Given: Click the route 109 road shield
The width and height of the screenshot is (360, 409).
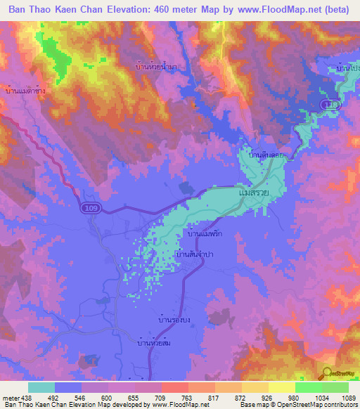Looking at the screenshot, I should [x=89, y=208].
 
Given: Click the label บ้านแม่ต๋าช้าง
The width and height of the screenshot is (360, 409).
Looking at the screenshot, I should [x=27, y=91].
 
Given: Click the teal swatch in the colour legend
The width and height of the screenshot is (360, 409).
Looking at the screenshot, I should [x=41, y=387].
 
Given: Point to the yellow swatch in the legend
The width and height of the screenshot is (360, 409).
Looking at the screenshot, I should [x=282, y=387].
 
